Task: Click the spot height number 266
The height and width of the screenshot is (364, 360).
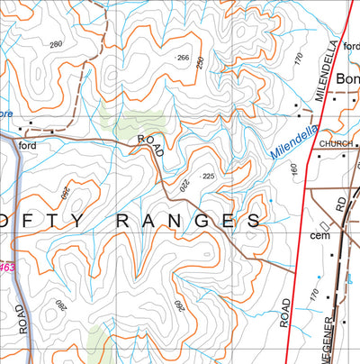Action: (x=184, y=58)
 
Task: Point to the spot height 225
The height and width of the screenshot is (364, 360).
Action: (x=209, y=177)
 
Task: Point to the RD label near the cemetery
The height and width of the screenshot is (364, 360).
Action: (x=339, y=206)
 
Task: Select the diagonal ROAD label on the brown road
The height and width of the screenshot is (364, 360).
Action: (x=150, y=146)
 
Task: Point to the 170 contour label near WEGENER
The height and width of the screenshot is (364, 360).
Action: (x=312, y=294)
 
